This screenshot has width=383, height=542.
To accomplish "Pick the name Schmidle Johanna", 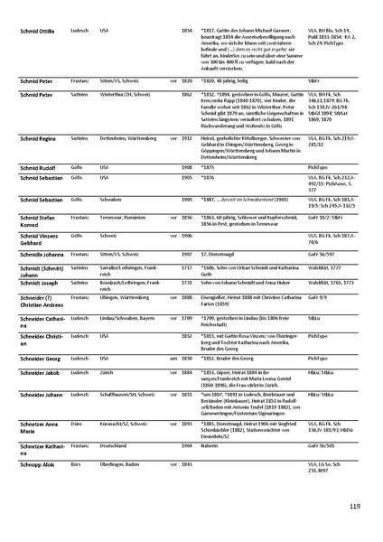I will (40, 256).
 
